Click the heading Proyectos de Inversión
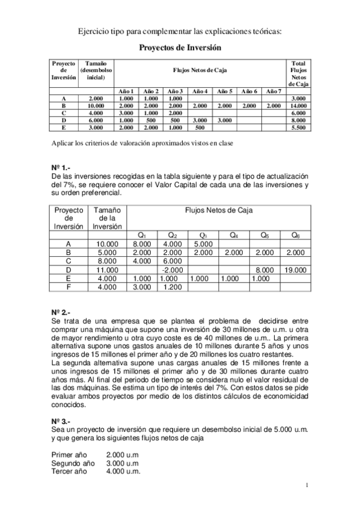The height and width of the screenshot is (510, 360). tap(180, 47)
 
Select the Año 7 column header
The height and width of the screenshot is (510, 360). tap(273, 91)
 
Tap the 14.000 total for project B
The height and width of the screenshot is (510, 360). tap(299, 105)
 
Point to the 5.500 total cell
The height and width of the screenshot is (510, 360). tap(299, 127)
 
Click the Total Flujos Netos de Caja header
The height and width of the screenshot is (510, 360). tap(299, 73)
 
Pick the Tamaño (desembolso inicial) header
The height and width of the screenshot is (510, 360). tap(96, 70)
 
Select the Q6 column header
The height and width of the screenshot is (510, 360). tap(295, 235)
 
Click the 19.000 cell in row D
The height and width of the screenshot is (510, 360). tap(295, 270)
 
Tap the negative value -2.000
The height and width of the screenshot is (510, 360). tap(172, 270)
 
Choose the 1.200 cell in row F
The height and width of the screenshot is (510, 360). tap(172, 287)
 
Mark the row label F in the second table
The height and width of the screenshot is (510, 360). tap(69, 287)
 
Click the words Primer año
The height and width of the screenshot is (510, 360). tap(69, 455)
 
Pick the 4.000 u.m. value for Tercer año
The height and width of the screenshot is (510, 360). tap(123, 472)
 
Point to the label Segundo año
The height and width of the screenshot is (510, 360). tap(73, 464)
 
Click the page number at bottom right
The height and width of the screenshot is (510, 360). tap(307, 485)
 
